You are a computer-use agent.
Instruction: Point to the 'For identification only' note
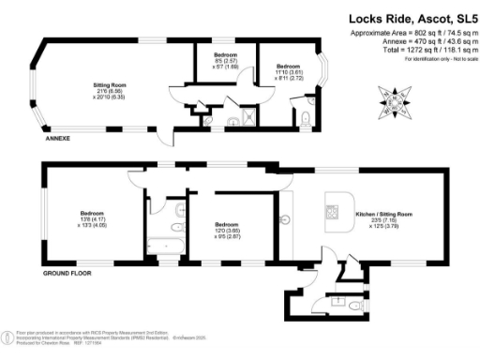point(420,60)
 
